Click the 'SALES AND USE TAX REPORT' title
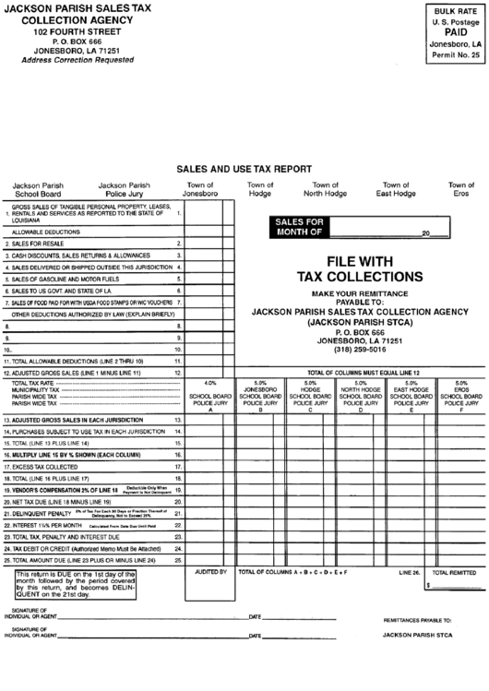click(x=244, y=170)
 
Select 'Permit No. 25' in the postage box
click(x=457, y=55)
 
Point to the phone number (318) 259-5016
click(x=360, y=350)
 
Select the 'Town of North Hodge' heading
click(x=326, y=189)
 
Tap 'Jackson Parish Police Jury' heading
click(x=124, y=189)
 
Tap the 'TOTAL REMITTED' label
click(x=455, y=572)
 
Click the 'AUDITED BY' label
click(x=210, y=572)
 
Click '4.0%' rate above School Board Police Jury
click(x=210, y=382)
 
